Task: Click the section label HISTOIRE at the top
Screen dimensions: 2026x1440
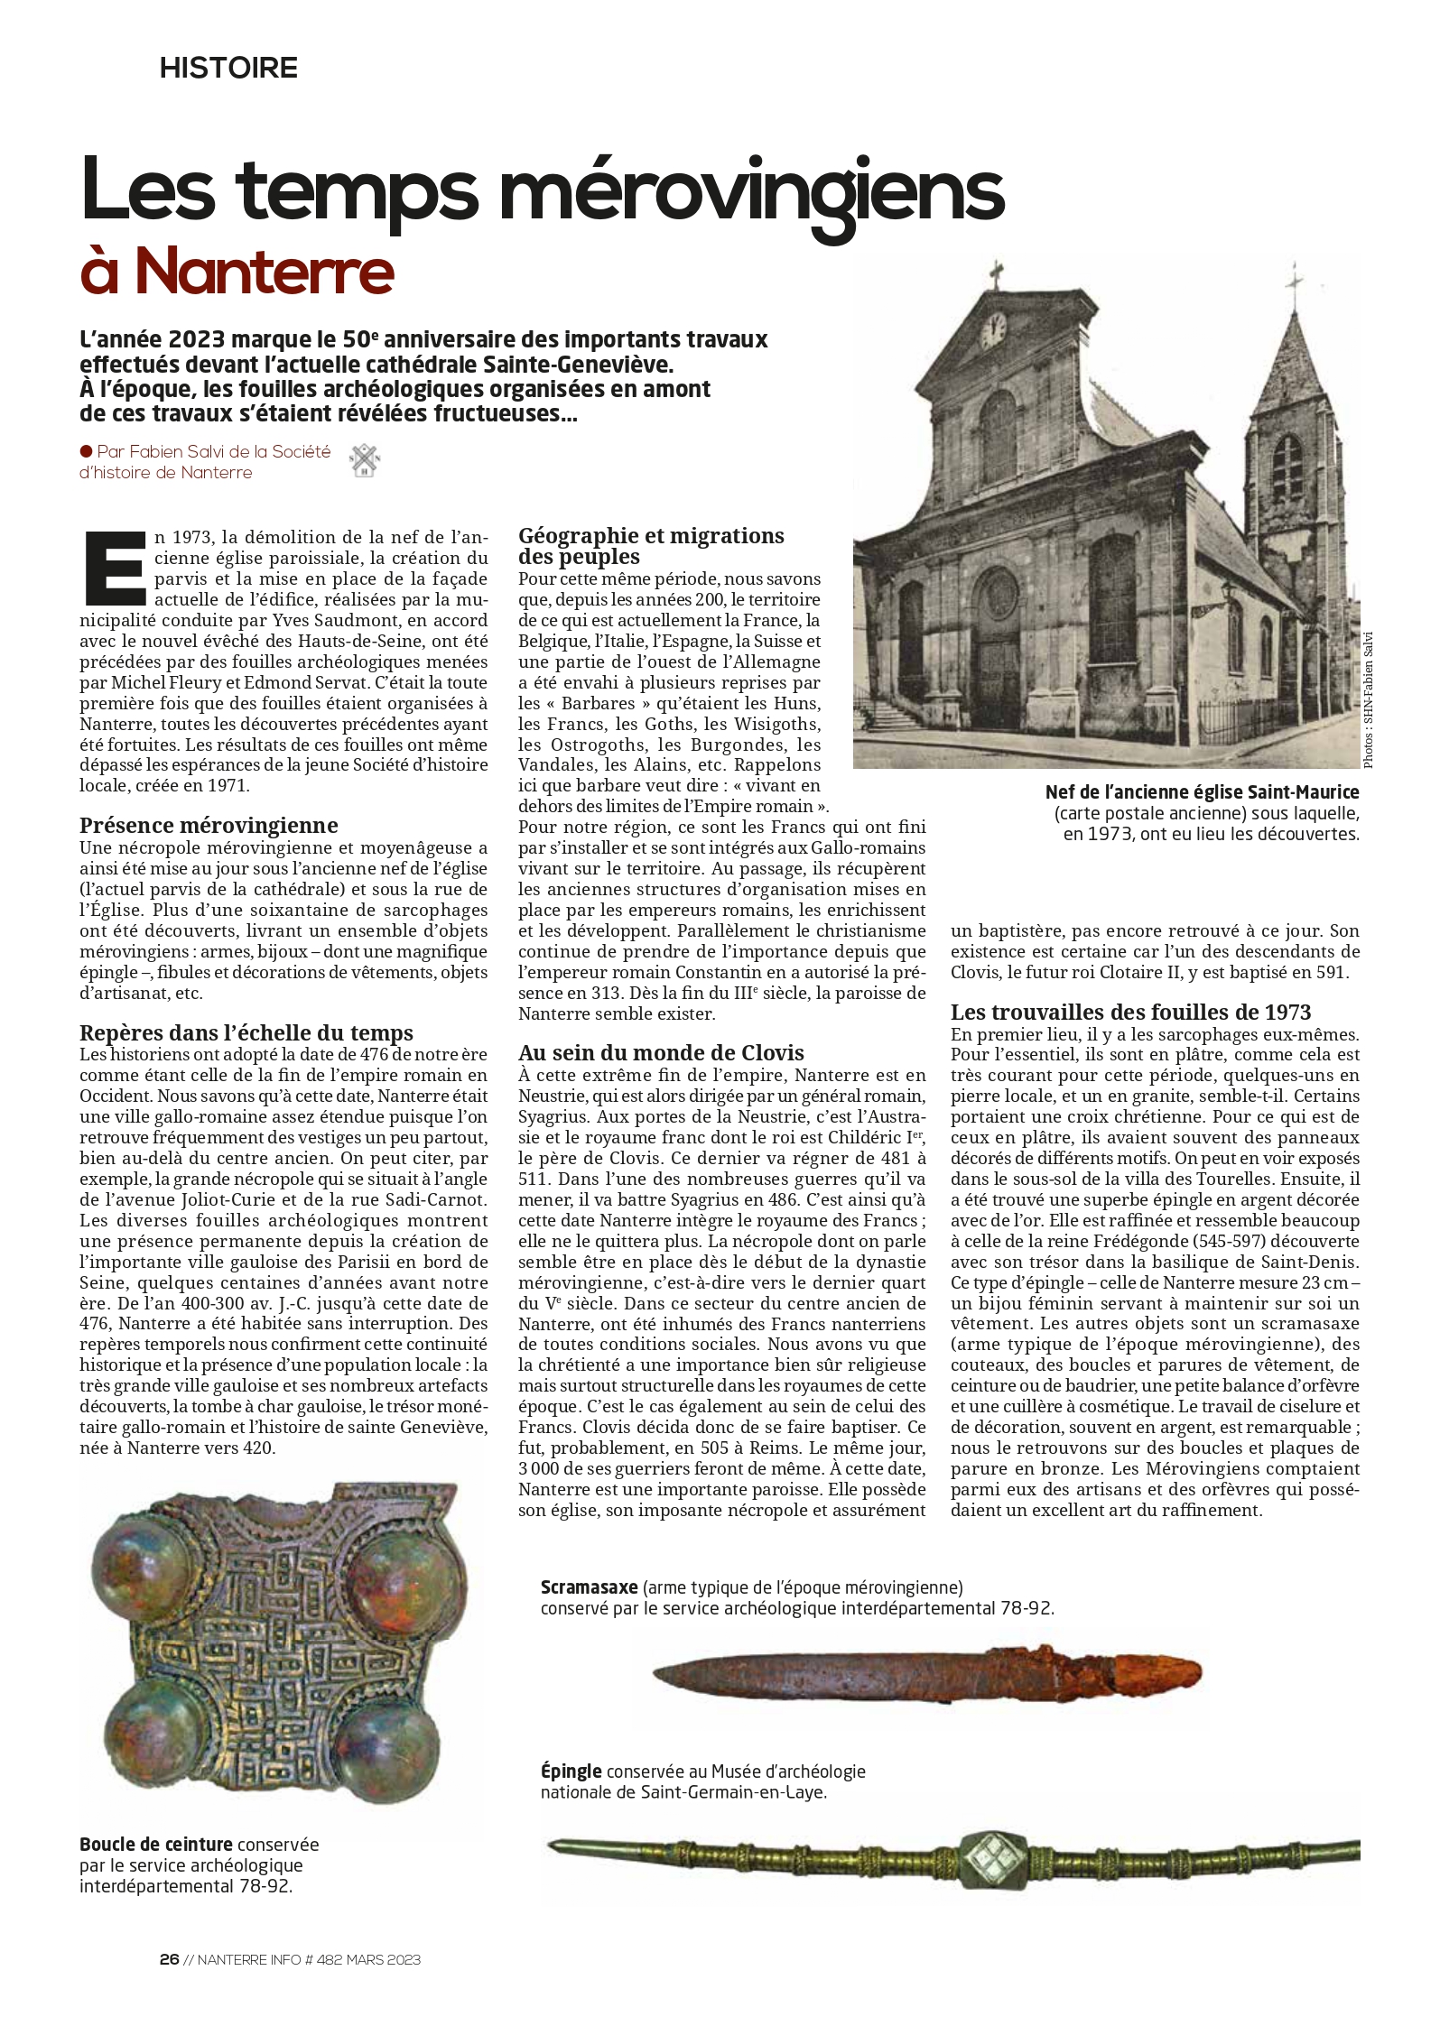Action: [228, 68]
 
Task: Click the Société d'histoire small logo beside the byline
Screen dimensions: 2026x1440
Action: [366, 461]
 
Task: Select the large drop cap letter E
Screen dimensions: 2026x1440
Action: [114, 569]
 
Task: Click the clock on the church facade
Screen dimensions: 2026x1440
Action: [993, 328]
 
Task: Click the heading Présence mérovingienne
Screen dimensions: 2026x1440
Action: [209, 825]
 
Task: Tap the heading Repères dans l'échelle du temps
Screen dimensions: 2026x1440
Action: [246, 1032]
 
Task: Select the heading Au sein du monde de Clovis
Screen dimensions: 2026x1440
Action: [661, 1052]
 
